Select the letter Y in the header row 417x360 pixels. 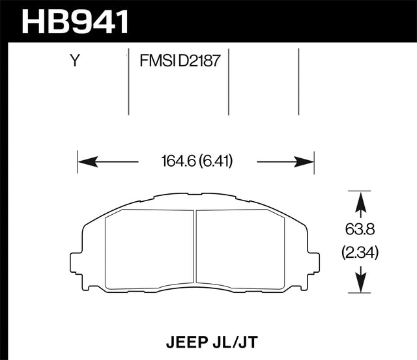(x=75, y=62)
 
